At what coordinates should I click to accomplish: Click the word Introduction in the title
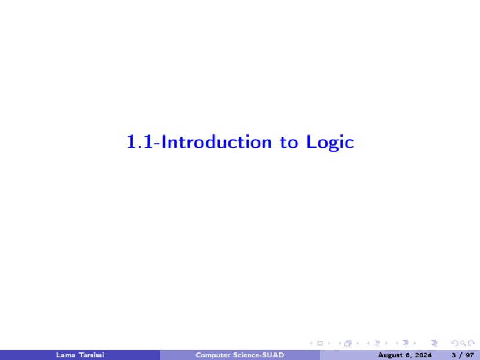pyautogui.click(x=216, y=142)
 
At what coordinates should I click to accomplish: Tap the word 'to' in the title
pyautogui.click(x=289, y=143)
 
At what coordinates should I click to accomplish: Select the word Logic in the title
pyautogui.click(x=330, y=143)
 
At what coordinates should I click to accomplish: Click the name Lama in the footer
pyautogui.click(x=66, y=355)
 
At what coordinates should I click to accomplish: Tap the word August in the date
pyautogui.click(x=390, y=355)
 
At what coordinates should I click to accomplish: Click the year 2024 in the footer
pyautogui.click(x=422, y=355)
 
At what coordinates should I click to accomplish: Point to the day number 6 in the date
pyautogui.click(x=407, y=355)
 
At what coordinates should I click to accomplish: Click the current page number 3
pyautogui.click(x=454, y=355)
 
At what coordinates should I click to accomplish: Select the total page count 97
pyautogui.click(x=470, y=355)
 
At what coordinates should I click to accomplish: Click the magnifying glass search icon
pyautogui.click(x=463, y=343)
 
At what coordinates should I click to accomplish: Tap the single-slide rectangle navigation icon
pyautogui.click(x=320, y=343)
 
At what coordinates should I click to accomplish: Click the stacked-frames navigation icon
pyautogui.click(x=348, y=343)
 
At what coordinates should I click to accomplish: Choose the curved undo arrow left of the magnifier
pyautogui.click(x=454, y=343)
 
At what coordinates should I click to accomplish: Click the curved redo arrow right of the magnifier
pyautogui.click(x=472, y=343)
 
